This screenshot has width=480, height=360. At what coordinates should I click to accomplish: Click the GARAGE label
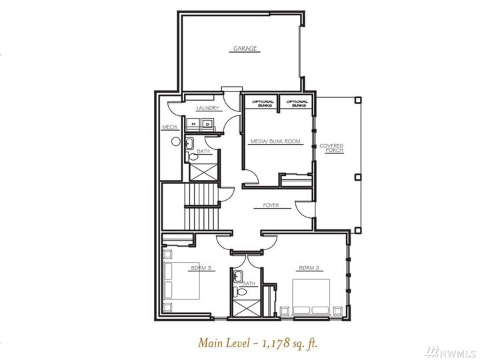(245, 49)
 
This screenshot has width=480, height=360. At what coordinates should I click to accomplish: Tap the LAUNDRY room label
(207, 108)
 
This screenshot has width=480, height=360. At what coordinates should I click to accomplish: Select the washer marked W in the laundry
(192, 123)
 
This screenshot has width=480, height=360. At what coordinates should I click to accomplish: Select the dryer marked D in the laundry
(207, 123)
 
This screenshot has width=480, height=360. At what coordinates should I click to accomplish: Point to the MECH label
(169, 127)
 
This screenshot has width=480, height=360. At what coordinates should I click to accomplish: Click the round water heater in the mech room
(175, 141)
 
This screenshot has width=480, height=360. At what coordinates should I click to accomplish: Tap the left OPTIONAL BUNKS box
(261, 102)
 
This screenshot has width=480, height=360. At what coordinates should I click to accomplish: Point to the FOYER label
(271, 205)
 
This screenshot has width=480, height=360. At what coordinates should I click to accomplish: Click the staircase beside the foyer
(200, 207)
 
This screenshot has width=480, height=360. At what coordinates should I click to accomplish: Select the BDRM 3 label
(200, 268)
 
